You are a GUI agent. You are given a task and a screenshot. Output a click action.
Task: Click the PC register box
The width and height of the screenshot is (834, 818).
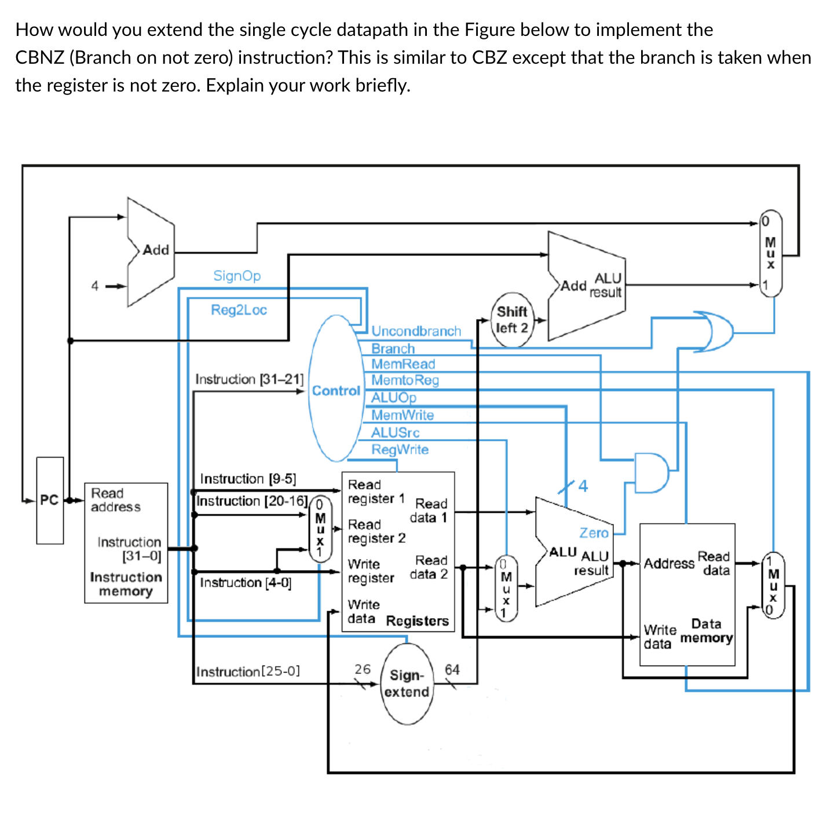pyautogui.click(x=50, y=500)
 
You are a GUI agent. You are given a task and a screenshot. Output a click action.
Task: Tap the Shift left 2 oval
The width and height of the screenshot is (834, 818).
pyautogui.click(x=512, y=320)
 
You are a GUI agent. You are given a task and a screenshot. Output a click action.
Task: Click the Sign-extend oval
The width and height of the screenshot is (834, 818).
pyautogui.click(x=408, y=684)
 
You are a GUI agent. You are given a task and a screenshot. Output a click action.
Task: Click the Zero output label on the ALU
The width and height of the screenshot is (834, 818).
pyautogui.click(x=594, y=532)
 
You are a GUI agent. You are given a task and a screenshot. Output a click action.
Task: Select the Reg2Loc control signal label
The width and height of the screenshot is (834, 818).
pyautogui.click(x=239, y=310)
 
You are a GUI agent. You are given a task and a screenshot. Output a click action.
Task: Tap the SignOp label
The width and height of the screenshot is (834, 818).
pyautogui.click(x=237, y=276)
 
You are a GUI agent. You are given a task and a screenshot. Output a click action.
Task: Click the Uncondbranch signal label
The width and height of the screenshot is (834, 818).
pyautogui.click(x=416, y=331)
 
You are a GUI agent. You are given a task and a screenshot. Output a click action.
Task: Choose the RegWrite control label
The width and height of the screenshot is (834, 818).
pyautogui.click(x=400, y=450)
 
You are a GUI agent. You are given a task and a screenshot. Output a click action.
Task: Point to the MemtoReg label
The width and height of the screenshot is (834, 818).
pyautogui.click(x=405, y=380)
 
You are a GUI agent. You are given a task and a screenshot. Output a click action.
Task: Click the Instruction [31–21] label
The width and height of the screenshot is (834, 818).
pyautogui.click(x=249, y=379)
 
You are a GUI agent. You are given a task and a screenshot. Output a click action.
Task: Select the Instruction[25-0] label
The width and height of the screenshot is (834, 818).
pyautogui.click(x=248, y=672)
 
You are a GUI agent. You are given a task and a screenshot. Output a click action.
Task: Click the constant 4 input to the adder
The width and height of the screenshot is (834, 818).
pyautogui.click(x=95, y=286)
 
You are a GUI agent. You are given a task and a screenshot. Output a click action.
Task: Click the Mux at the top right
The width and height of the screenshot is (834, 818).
pyautogui.click(x=770, y=253)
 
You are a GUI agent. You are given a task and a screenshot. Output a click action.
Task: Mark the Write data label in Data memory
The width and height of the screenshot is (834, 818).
pyautogui.click(x=660, y=637)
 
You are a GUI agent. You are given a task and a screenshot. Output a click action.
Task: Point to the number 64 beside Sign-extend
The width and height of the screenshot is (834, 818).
pyautogui.click(x=452, y=670)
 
